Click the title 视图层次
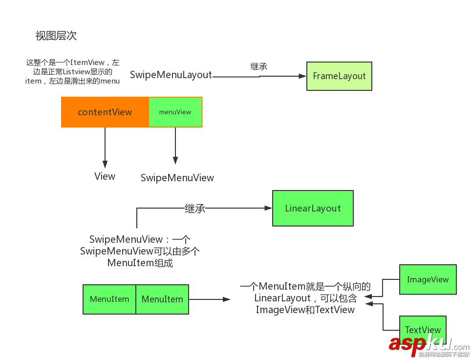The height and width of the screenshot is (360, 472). [x=56, y=36]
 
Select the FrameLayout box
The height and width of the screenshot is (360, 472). [x=339, y=76]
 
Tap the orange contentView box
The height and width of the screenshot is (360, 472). [x=105, y=112]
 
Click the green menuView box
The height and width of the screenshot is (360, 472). [x=175, y=112]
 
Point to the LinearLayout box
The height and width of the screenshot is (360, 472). [x=313, y=209]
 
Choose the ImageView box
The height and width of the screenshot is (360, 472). [x=428, y=280]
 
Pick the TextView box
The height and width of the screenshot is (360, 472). [x=423, y=330]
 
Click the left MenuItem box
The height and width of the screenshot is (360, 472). [x=109, y=299]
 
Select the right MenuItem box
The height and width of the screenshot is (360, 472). [x=162, y=299]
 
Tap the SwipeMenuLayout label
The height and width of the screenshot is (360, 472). [x=171, y=75]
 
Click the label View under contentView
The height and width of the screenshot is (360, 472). [x=105, y=176]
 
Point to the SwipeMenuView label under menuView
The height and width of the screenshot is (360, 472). [x=177, y=178]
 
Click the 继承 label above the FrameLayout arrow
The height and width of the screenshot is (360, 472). [x=259, y=67]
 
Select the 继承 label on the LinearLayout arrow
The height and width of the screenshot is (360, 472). [x=194, y=209]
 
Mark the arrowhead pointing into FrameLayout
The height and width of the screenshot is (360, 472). [x=302, y=76]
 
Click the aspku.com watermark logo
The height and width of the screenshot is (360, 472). [x=429, y=345]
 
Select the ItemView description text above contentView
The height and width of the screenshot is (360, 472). [x=72, y=72]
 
